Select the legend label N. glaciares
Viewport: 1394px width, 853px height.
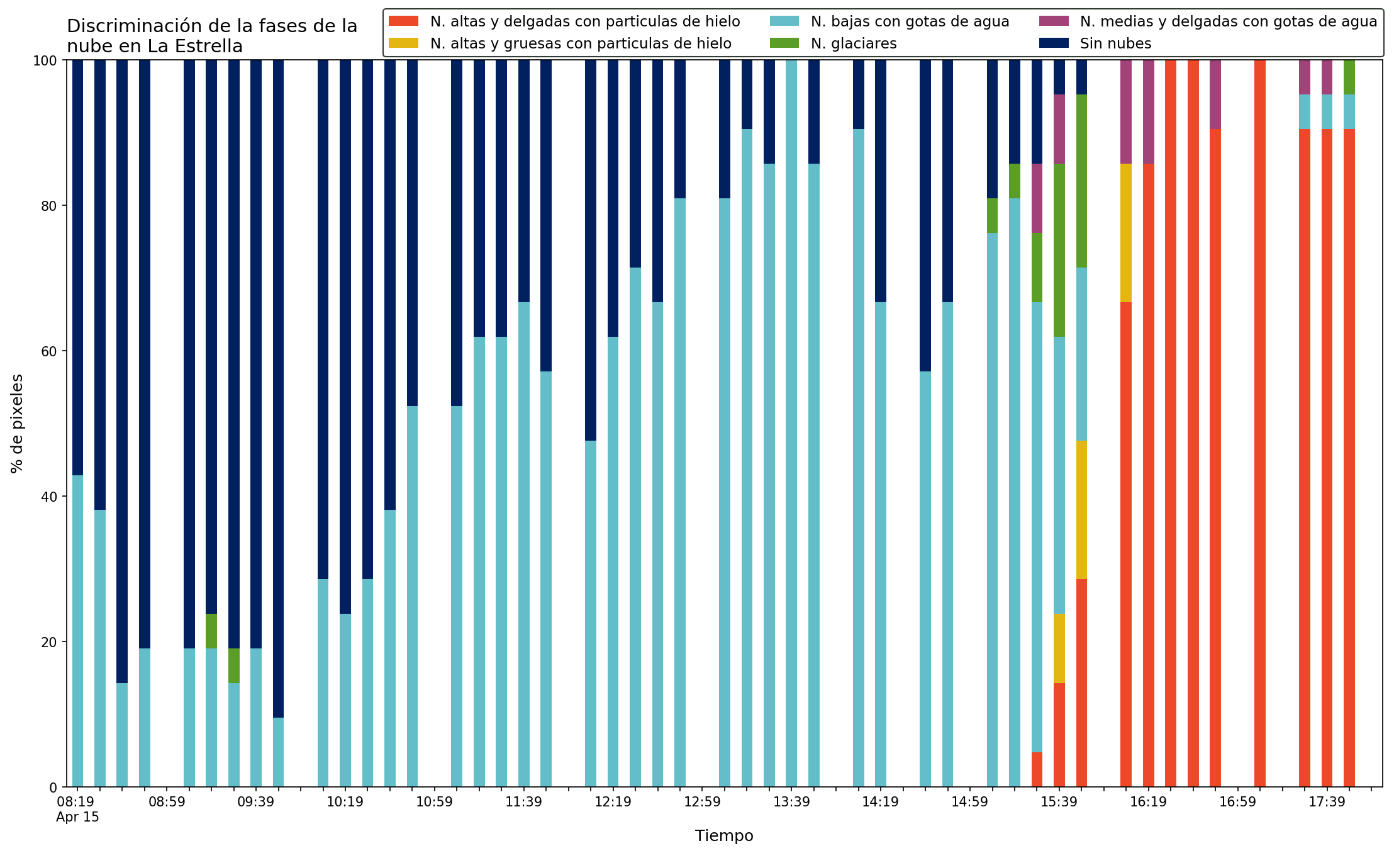pos(854,43)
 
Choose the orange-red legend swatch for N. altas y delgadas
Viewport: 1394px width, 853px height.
pos(403,21)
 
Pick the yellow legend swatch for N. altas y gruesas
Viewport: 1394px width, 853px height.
pos(403,43)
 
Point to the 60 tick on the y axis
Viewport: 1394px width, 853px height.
pos(62,351)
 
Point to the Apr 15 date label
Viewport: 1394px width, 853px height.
pos(77,817)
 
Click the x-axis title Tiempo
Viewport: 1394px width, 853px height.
pos(724,836)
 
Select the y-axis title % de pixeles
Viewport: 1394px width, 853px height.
pos(17,424)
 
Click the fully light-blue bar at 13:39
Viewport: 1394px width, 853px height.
pos(791,424)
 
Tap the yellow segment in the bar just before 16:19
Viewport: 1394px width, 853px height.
pos(1126,233)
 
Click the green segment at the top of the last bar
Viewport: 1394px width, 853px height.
pos(1349,77)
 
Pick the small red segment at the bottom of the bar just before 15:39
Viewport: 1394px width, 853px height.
pos(1037,769)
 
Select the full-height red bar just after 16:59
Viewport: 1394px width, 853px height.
pos(1260,424)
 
